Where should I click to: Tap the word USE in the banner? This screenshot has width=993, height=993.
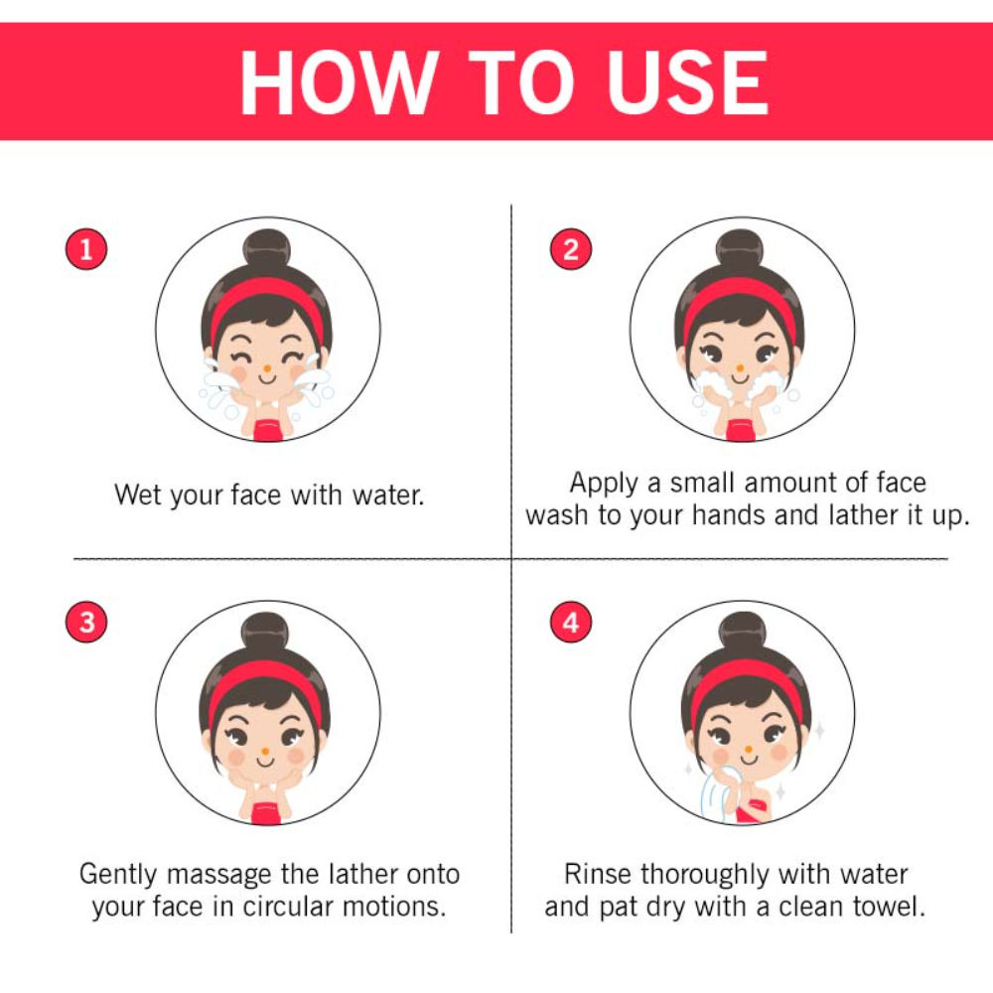688,82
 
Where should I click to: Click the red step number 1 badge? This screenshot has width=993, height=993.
86,249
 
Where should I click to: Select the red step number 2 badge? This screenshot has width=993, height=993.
571,249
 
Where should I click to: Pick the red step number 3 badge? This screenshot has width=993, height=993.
86,622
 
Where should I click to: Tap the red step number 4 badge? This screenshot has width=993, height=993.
571,622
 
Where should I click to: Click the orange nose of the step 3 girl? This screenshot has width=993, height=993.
265,752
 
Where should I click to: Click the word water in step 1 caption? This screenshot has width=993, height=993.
388,496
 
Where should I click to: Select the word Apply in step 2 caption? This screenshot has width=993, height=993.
604,485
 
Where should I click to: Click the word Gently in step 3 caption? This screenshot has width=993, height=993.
118,875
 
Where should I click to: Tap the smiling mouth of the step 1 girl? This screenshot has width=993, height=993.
266,379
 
